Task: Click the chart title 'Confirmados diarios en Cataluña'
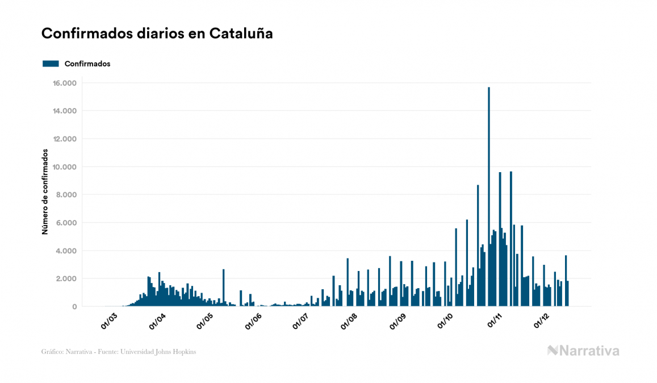pos(157,34)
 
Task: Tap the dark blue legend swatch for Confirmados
pos(51,64)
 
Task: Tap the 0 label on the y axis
pos(74,306)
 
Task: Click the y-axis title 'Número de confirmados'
pos(45,191)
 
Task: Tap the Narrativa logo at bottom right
pos(583,351)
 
